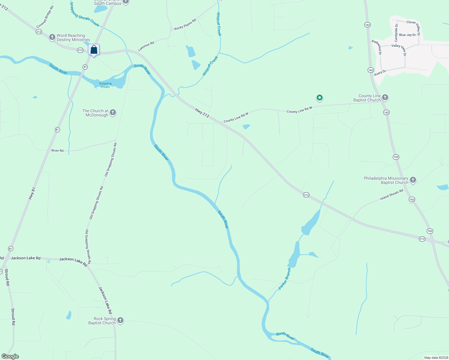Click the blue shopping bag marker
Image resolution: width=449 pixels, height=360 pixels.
pos(94,50)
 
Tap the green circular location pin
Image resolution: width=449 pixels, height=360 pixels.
pos(320,97)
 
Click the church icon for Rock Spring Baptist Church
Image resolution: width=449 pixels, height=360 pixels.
pos(120,320)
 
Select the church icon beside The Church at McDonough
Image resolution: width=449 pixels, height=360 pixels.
pos(113,112)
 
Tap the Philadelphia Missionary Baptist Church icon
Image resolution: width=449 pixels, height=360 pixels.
pos(413,180)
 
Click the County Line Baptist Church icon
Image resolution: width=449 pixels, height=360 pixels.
pos(385,97)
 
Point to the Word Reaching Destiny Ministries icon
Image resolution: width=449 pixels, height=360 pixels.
pos(52,37)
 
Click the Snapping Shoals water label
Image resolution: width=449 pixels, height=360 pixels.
pos(105,85)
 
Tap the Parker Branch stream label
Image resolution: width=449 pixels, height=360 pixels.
pos(285,279)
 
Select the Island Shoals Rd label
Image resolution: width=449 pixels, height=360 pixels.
pos(392,195)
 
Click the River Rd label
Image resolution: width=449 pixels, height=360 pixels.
pos(57,151)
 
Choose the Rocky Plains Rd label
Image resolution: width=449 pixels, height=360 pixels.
pos(185,24)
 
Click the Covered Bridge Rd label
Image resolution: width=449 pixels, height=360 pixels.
pos(45,17)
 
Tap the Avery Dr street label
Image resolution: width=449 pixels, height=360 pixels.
pos(380,73)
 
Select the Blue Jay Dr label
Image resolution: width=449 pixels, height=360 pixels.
pos(407,35)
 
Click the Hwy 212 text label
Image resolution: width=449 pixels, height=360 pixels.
pos(202,113)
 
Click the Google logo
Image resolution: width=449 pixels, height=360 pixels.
pos(10,356)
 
